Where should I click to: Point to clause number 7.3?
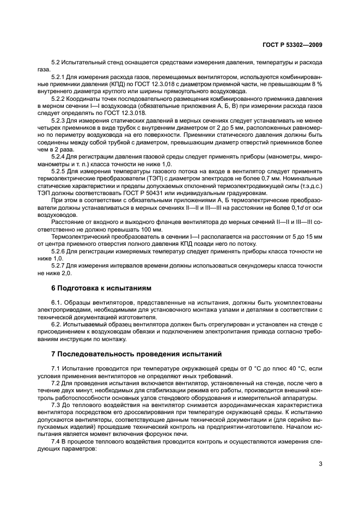click(55, 406)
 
